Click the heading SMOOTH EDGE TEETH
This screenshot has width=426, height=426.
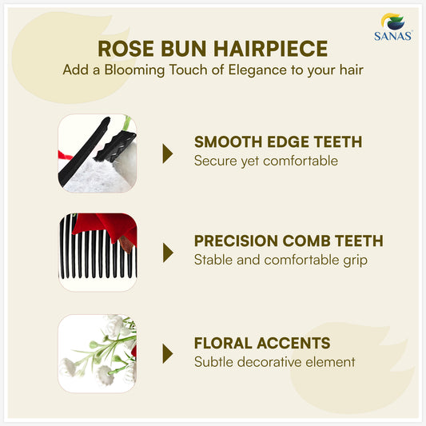[x=277, y=142]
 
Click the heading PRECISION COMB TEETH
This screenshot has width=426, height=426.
[x=289, y=241]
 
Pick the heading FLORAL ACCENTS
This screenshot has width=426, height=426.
[x=262, y=343]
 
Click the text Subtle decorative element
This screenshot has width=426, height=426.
[x=273, y=361]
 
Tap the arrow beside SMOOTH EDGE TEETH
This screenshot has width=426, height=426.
[x=168, y=153]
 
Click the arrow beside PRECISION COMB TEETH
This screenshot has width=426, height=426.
[x=168, y=253]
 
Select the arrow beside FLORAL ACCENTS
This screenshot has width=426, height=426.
[x=168, y=353]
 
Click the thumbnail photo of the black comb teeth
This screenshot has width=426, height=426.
[x=98, y=253]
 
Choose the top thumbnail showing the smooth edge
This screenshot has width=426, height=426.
[x=98, y=153]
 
